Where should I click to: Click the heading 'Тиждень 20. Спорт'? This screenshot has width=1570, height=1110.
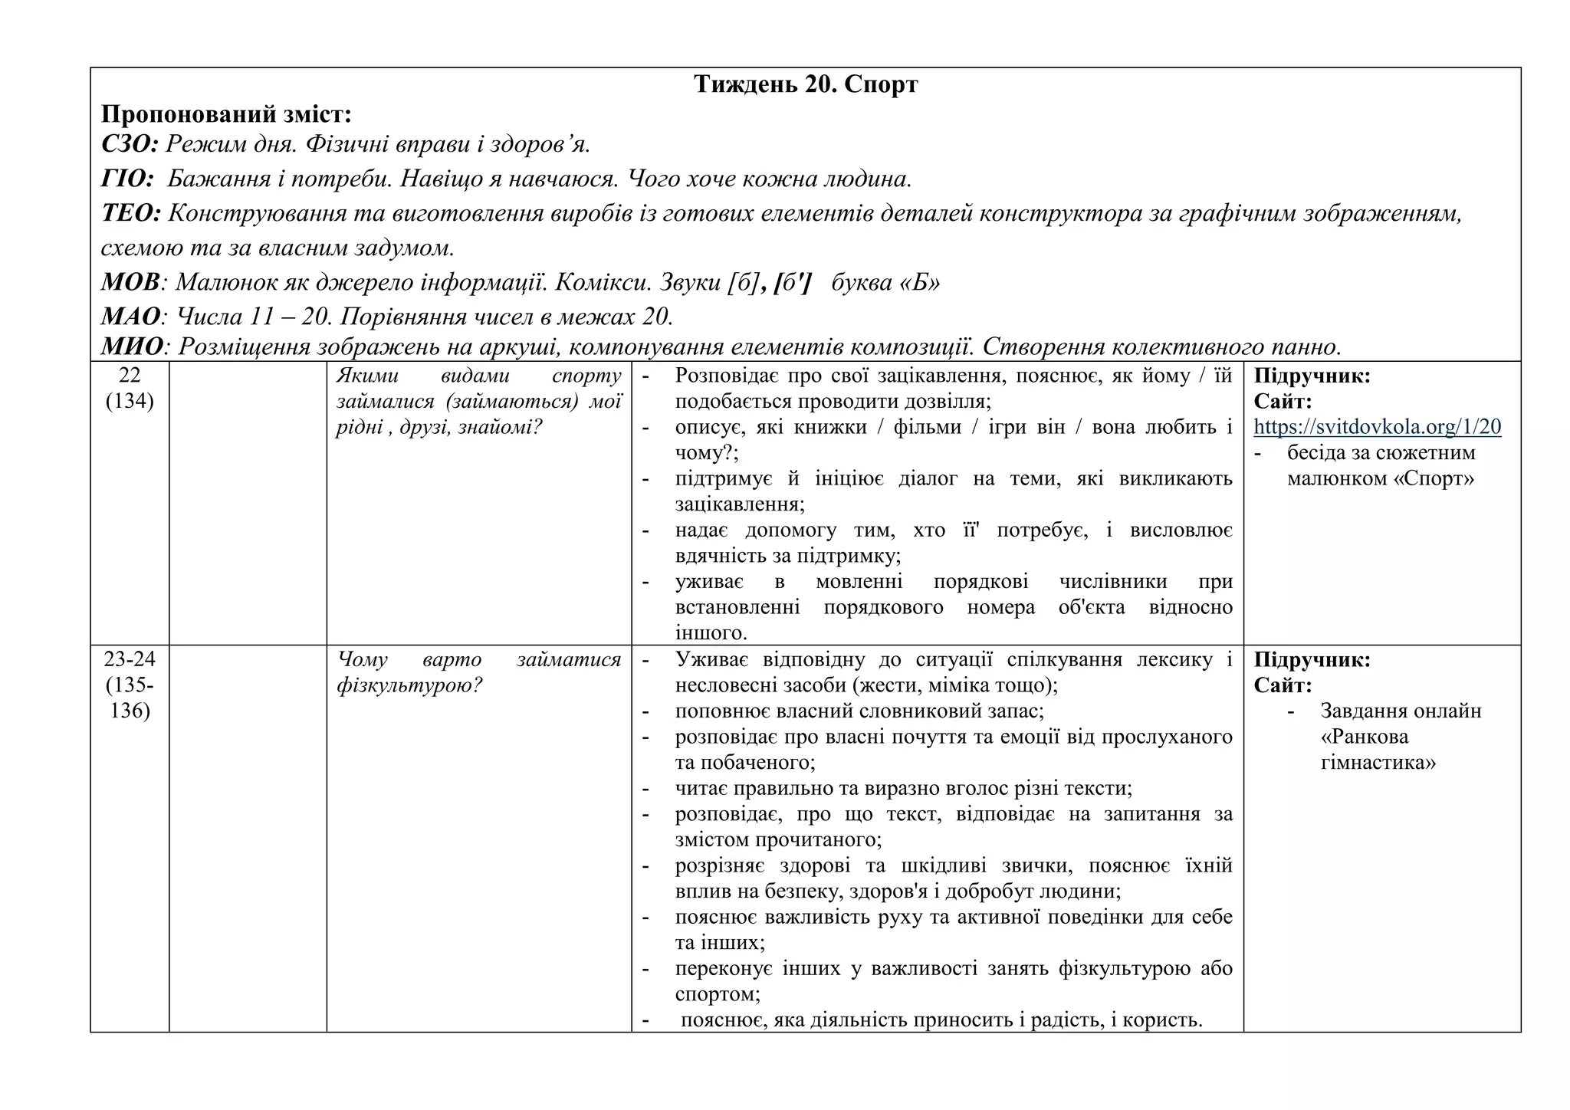pos(806,84)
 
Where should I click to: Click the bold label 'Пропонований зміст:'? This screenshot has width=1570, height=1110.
pos(226,115)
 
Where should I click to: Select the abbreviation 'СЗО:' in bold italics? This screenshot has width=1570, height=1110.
pos(130,144)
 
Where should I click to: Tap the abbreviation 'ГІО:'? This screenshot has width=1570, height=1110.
pos(128,179)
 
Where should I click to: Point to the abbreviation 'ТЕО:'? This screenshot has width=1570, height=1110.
pos(131,214)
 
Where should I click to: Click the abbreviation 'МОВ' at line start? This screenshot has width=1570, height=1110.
pos(130,283)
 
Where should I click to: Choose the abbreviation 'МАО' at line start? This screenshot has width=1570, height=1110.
pos(131,317)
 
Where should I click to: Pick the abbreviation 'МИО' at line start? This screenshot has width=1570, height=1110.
pos(132,347)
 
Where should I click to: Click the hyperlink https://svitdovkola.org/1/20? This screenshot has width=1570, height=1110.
pos(1377,427)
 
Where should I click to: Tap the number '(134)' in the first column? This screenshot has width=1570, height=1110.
pos(130,402)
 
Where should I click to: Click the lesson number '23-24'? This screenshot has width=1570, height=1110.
pos(130,660)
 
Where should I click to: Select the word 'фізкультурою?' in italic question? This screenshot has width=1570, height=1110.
pos(409,685)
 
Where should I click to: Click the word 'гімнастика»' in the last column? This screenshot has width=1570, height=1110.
pos(1378,763)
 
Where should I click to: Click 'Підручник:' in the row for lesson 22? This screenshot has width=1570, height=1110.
pos(1312,376)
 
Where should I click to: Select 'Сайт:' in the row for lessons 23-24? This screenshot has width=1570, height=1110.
pos(1283,685)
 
